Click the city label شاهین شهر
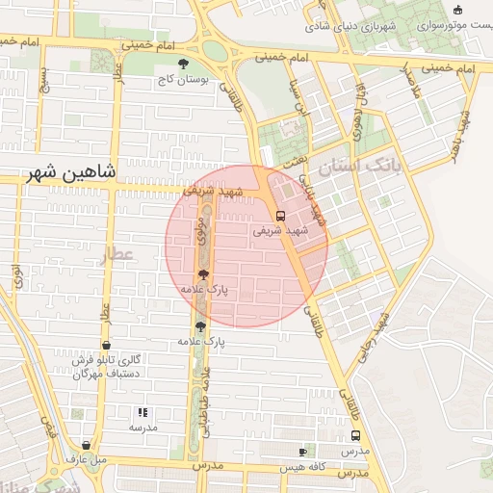pos(72,173)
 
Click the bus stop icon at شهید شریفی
pos(280,216)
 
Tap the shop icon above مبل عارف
pos(88,445)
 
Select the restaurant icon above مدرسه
pos(143,412)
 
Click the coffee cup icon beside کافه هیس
pos(302,452)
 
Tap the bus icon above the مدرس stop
pos(355,436)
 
